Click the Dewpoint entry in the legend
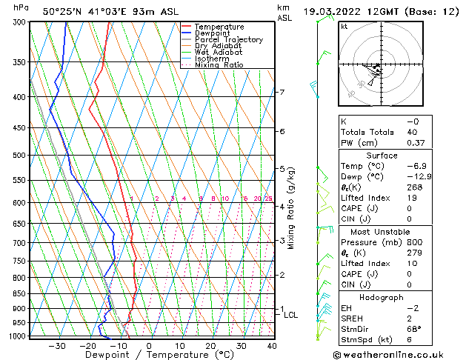(x=218, y=33)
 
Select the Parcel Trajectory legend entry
(x=228, y=40)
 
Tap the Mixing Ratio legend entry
(x=219, y=65)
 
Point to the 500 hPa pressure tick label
(x=20, y=156)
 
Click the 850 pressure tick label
(x=20, y=294)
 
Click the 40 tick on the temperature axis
(x=273, y=346)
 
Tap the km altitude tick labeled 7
(x=282, y=93)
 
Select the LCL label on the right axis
(x=290, y=315)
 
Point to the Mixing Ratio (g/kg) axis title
(x=292, y=208)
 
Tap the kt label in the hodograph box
(x=345, y=27)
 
